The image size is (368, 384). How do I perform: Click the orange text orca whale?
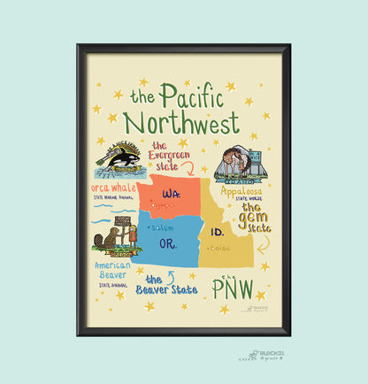112,188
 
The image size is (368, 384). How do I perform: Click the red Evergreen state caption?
172,154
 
